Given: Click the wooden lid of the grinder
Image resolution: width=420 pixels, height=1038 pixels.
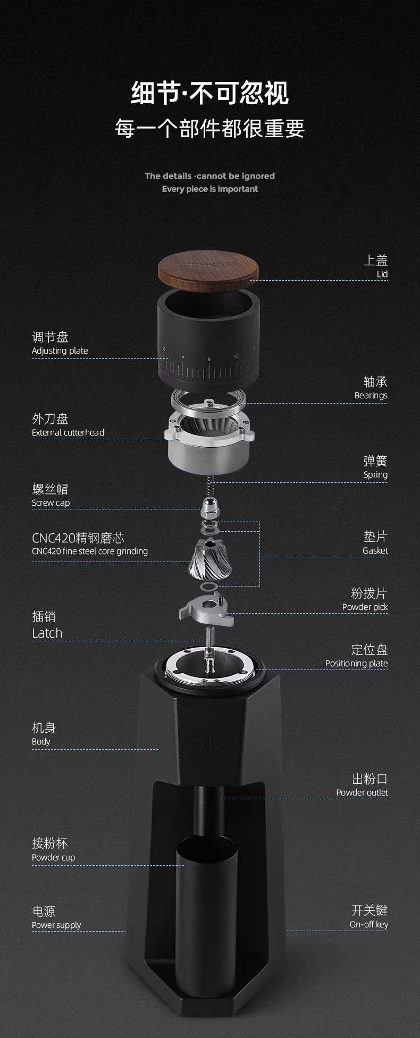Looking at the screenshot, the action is pos(208,269).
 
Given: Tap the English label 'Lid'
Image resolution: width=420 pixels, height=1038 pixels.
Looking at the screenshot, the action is pos(382,274).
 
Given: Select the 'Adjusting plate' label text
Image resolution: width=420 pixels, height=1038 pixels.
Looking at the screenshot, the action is pos(60,351).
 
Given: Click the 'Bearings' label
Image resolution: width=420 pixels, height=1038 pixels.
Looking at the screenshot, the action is pos(371,396).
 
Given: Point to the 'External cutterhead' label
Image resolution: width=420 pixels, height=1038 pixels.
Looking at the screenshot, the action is pos(68,433).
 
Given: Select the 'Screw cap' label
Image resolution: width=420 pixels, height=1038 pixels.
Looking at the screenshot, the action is pos(51,503).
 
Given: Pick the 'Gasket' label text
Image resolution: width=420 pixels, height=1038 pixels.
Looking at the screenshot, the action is pos(375,551).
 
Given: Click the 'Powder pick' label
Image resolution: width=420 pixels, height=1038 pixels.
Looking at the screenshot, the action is pos(365,607).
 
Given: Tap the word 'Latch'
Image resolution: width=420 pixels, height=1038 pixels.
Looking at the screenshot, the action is pos(47,633).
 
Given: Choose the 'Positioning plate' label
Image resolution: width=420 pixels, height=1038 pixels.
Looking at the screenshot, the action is pos(357,664).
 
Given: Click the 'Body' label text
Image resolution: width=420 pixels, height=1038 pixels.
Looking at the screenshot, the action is pos(41,742).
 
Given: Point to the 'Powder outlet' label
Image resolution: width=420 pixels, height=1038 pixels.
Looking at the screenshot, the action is pos(362,793).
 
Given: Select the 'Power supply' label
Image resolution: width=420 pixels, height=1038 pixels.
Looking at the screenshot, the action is pos(56,925).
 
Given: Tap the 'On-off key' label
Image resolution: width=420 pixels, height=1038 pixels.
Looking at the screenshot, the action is pos(369,925).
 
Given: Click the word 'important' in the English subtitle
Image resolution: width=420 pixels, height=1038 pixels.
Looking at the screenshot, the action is pos(238,189).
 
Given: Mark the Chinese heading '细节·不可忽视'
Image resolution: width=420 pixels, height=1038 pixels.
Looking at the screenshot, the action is pos(210,93).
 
